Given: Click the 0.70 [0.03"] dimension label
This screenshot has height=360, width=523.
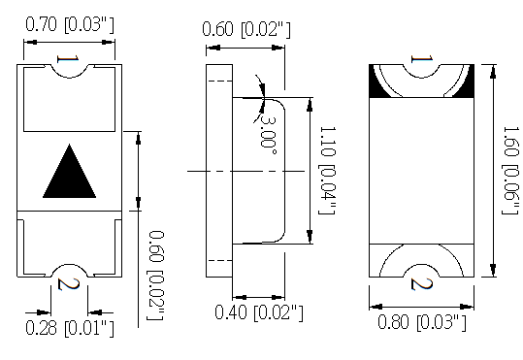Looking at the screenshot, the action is coord(70,24).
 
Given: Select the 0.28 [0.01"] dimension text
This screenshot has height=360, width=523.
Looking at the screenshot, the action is coord(70,328).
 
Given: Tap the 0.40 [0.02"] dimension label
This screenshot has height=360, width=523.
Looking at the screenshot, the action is coord(259,312).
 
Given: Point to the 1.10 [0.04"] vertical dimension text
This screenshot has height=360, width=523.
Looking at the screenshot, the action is coord(328,170).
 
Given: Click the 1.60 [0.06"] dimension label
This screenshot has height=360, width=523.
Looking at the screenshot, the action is coord(511,170).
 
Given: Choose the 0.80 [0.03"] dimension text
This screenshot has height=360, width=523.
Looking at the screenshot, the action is coord(422,322).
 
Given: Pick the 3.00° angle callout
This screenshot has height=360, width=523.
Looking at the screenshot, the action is coord(268,135).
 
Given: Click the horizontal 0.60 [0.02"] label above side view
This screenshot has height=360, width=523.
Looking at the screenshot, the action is coord(246,29).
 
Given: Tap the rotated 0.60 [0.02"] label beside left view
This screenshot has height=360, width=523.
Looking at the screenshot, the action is coord(156,276).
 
